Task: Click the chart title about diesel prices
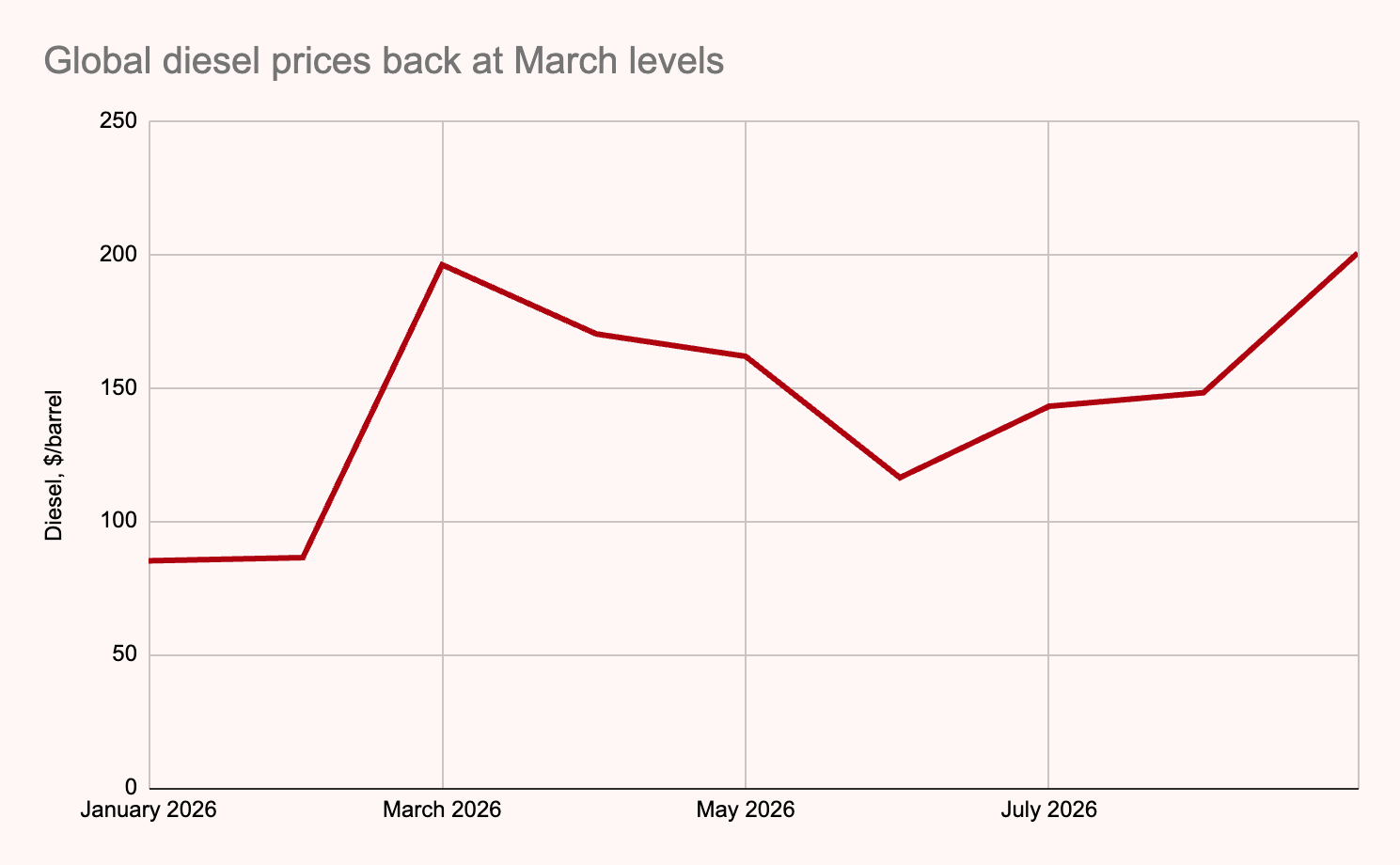pos(384,61)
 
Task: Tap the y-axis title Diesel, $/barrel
pos(54,465)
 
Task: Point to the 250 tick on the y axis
pos(118,120)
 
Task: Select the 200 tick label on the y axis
pos(118,255)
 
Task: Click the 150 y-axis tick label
pos(118,387)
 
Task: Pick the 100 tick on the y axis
pos(118,521)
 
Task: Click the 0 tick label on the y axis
pos(132,787)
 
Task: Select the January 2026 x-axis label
pos(149,810)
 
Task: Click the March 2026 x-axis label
pos(442,810)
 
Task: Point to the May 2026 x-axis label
pos(745,810)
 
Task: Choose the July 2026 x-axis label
pos(1048,810)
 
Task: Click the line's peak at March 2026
pos(443,265)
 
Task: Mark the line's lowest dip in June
pos(900,478)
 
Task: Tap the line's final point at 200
pos(1356,255)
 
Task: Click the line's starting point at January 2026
pos(150,560)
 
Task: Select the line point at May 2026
pos(745,356)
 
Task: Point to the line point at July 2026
pos(1048,406)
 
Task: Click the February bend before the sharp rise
pos(303,557)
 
